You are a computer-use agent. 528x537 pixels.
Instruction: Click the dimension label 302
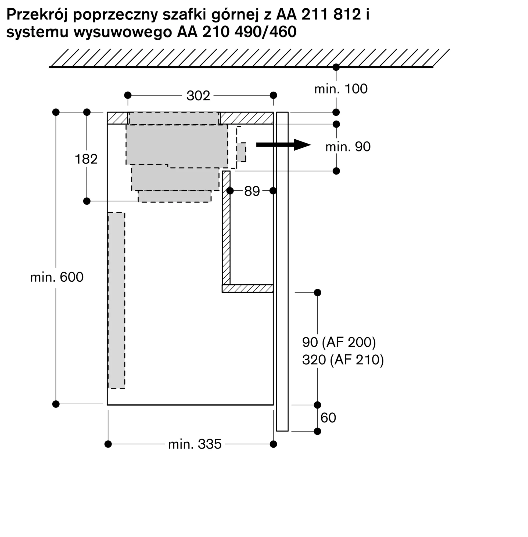pos(198,96)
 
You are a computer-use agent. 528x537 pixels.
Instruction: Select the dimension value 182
pos(86,159)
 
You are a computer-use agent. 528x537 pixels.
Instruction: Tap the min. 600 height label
pos(57,277)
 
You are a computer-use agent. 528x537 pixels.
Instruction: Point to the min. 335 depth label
pos(195,444)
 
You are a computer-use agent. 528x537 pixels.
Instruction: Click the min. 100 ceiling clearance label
pos(341,89)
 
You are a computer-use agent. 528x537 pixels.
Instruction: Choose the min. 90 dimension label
pos(348,147)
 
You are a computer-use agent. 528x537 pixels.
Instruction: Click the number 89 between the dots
pos(252,191)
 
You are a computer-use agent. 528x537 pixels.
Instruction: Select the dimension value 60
pos(328,418)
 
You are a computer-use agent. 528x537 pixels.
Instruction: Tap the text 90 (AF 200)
pos(339,343)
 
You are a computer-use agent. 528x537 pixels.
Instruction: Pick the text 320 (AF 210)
pos(343,360)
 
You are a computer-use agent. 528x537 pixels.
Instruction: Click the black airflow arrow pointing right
pos(283,145)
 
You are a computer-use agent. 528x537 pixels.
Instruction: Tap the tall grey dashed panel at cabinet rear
pos(116,300)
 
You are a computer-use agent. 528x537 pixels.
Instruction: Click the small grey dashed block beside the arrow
pos(241,152)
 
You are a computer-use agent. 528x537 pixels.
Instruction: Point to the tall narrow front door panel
pos(282,271)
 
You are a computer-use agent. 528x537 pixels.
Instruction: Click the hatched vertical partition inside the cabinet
pos(226,228)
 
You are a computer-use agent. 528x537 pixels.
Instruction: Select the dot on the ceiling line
pos(336,67)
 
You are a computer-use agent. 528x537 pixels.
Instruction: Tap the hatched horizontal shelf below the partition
pos(248,288)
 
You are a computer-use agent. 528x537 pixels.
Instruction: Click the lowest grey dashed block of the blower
pos(175,196)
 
